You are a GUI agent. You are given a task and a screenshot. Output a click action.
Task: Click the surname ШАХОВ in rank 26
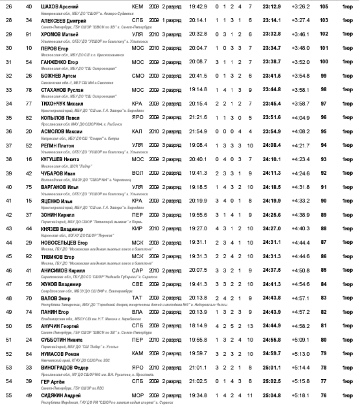pyautogui.click(x=49, y=7)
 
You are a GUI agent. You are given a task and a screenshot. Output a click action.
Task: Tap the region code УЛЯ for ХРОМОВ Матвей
pyautogui.click(x=137, y=35)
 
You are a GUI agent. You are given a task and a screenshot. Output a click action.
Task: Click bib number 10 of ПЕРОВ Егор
pyautogui.click(x=29, y=48)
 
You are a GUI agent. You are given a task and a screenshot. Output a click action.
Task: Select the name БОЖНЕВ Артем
pyautogui.click(x=59, y=76)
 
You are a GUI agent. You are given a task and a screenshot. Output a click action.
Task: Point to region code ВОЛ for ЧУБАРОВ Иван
pyautogui.click(x=137, y=173)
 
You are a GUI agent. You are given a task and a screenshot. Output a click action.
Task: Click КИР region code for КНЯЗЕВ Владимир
pyautogui.click(x=137, y=215)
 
